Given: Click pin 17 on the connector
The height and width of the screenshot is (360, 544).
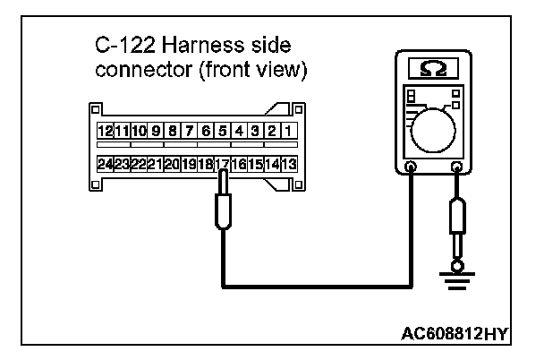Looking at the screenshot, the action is point(222,165).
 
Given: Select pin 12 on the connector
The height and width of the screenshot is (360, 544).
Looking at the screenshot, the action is point(106,132).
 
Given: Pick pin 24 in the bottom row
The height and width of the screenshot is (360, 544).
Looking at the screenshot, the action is point(106,165).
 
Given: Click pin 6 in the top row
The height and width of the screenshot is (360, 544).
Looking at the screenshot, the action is point(206,132).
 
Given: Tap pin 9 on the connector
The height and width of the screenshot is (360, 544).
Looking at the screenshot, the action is point(156,132).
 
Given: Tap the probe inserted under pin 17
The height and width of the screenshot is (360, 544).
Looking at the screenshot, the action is point(223,210).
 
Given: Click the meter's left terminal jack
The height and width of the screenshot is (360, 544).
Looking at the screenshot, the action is point(411,167).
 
